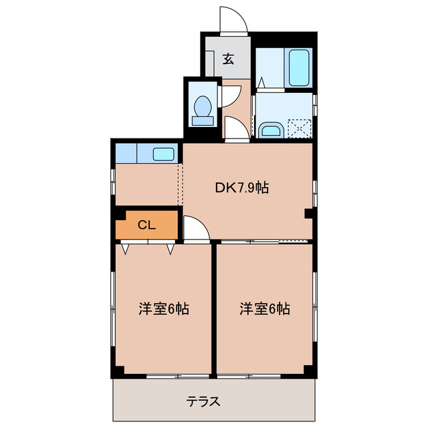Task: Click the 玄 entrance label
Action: (228, 59)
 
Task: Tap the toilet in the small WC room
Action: (202, 108)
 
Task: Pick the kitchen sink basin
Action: (164, 154)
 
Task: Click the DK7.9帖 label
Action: (242, 189)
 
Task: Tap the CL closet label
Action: (146, 225)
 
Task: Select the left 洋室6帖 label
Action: (164, 309)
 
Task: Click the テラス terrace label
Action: (203, 402)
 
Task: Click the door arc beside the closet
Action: (195, 229)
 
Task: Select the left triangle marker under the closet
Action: (125, 249)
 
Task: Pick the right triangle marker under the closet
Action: (170, 249)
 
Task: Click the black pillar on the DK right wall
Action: (308, 214)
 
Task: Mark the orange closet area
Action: (148, 225)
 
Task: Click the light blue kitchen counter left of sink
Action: (126, 154)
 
